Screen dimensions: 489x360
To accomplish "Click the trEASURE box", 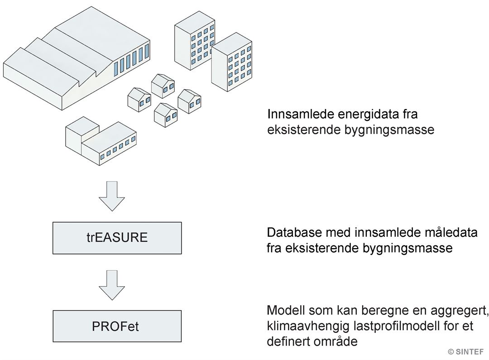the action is [117, 238].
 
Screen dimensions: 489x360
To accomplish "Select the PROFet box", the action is [117, 326].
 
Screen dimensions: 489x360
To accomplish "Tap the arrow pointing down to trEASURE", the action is [112, 196].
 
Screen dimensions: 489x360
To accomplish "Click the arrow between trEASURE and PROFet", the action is [112, 285].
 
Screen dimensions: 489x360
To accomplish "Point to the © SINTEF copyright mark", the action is [465, 351].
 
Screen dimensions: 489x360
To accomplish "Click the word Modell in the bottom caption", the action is [286, 310].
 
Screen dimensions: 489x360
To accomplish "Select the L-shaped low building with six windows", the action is [101, 141].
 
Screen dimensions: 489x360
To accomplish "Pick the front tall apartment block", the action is [232, 65].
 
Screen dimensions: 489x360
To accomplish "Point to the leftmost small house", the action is [139, 100].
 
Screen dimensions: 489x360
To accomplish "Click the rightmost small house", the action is [190, 101].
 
